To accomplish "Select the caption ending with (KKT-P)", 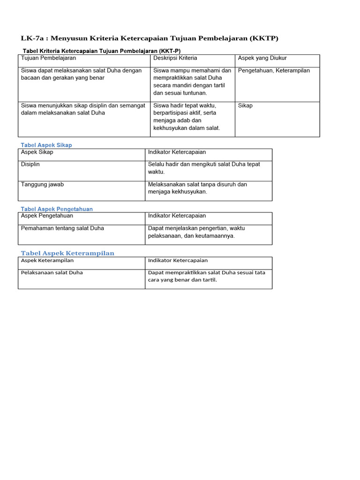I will click(x=101, y=51).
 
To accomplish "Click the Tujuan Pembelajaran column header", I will click(x=48, y=58).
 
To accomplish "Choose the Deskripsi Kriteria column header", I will click(x=175, y=58).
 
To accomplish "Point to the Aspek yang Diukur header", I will click(x=262, y=58).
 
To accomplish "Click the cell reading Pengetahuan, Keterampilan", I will click(x=274, y=71).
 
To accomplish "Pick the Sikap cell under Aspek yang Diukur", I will click(x=245, y=105).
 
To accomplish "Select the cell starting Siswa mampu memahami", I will click(x=192, y=82).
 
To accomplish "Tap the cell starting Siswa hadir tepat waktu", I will click(x=187, y=117).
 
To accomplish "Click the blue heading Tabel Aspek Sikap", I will click(x=46, y=145).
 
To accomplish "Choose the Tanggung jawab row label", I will click(x=42, y=185).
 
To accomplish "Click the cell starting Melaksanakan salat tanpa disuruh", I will click(x=197, y=188).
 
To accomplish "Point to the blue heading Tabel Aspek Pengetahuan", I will click(x=57, y=209).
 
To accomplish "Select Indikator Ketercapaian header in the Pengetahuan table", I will click(x=177, y=216).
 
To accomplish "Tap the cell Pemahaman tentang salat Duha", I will click(x=62, y=228).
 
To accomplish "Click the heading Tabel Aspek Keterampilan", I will click(x=67, y=253).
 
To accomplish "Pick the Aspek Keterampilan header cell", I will click(x=47, y=260).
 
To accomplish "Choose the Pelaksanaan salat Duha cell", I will click(x=52, y=272).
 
